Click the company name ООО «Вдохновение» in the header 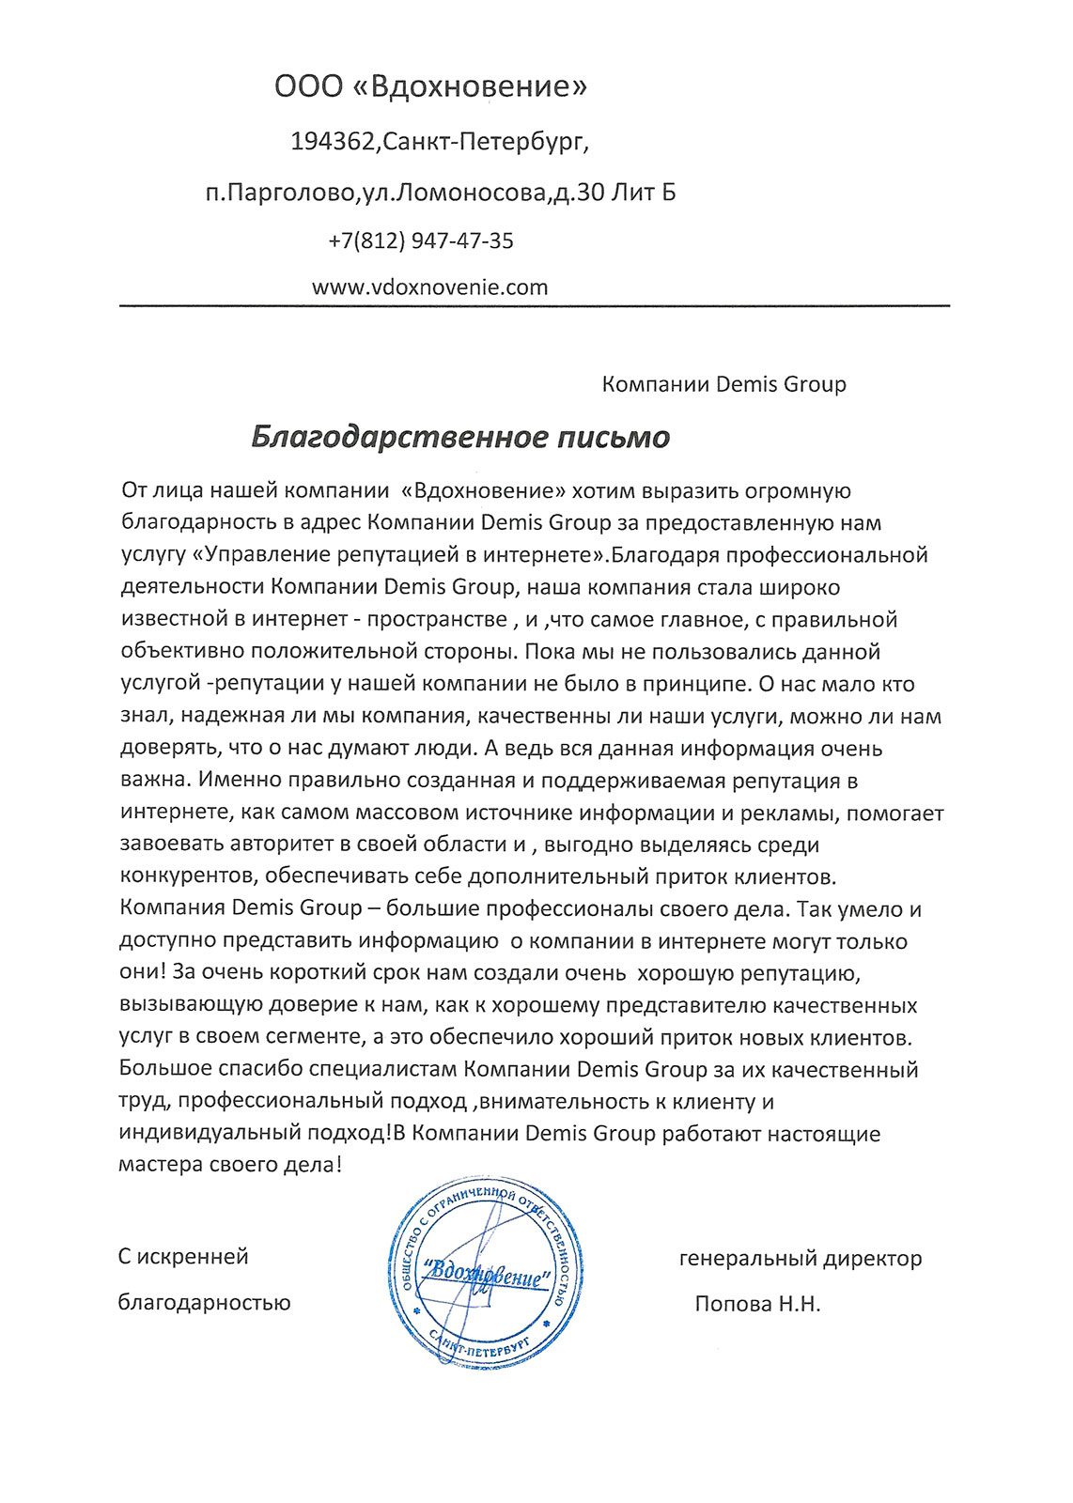coord(430,87)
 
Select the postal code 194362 coord(334,143)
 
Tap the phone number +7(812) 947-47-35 coord(421,241)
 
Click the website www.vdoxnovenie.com coord(429,287)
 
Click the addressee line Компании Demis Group coord(723,384)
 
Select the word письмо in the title coord(610,438)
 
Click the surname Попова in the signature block coord(732,1304)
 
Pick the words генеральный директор coord(801,1258)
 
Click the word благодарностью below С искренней coord(204,1303)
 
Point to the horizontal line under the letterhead coord(534,306)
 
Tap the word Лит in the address coord(630,194)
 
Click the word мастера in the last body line coord(161,1165)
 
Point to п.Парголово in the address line coord(280,194)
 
